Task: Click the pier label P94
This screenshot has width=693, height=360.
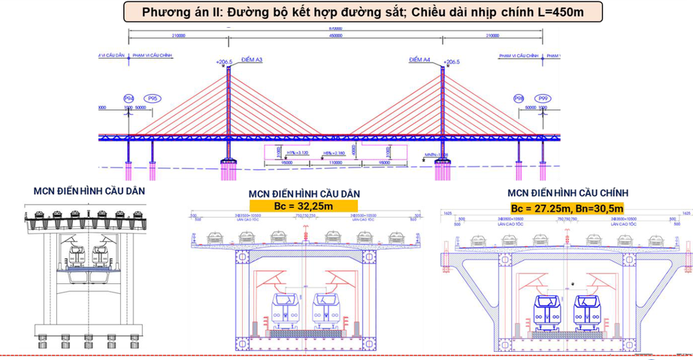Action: point(129,98)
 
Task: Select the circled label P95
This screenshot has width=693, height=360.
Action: point(153,98)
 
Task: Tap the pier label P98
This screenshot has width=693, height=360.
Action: point(519,98)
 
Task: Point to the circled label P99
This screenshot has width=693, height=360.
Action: point(542,98)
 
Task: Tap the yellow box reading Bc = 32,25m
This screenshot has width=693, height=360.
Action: point(304,205)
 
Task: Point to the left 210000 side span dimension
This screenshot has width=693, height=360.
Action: point(178,35)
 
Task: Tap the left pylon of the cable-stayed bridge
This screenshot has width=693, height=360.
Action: point(228,113)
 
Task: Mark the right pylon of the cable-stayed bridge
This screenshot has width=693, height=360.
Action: point(442,113)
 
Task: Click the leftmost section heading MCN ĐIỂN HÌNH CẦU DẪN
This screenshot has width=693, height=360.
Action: point(89,191)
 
